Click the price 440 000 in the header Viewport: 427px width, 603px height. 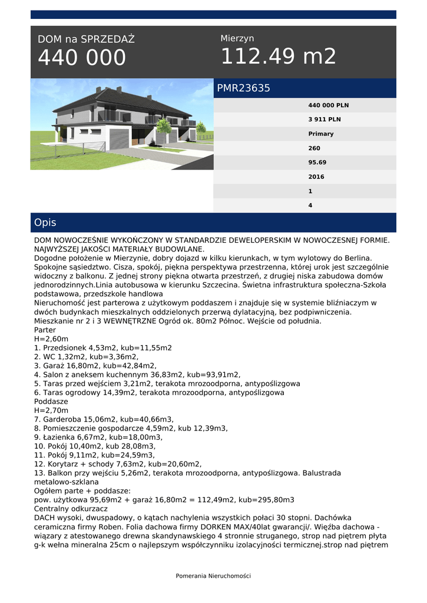[82, 58]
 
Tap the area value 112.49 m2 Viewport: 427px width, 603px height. [278, 57]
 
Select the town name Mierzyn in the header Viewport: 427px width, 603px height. [237, 38]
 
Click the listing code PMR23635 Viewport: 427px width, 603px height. [244, 88]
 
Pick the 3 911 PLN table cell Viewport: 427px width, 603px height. [325, 120]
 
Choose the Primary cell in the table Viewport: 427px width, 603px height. [321, 134]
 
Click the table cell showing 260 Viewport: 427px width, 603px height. [315, 148]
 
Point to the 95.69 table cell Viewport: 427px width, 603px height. [317, 163]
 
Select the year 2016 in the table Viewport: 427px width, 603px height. [316, 177]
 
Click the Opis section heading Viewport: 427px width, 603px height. [45, 223]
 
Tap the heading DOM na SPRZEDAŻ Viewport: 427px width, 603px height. [86, 39]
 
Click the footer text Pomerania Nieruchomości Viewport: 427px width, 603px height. [213, 576]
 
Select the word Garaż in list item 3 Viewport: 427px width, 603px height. [54, 365]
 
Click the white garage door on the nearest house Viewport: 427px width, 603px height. [118, 140]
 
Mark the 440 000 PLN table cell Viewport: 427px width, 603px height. [329, 105]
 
